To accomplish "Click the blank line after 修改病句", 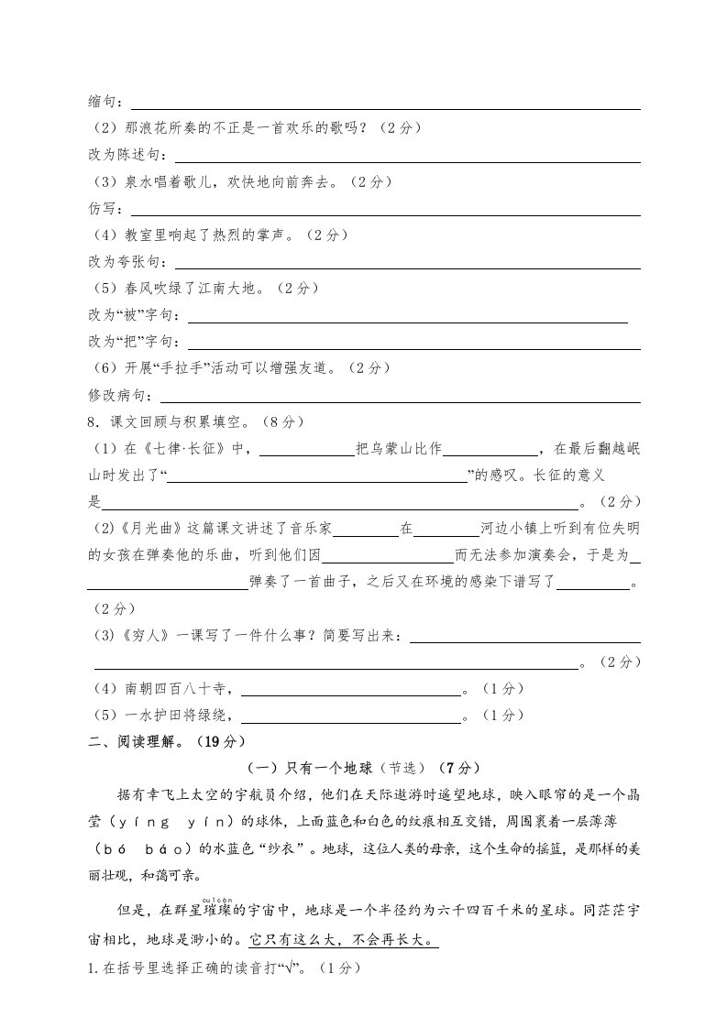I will (400, 397).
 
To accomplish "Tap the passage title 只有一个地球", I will (320, 768).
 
